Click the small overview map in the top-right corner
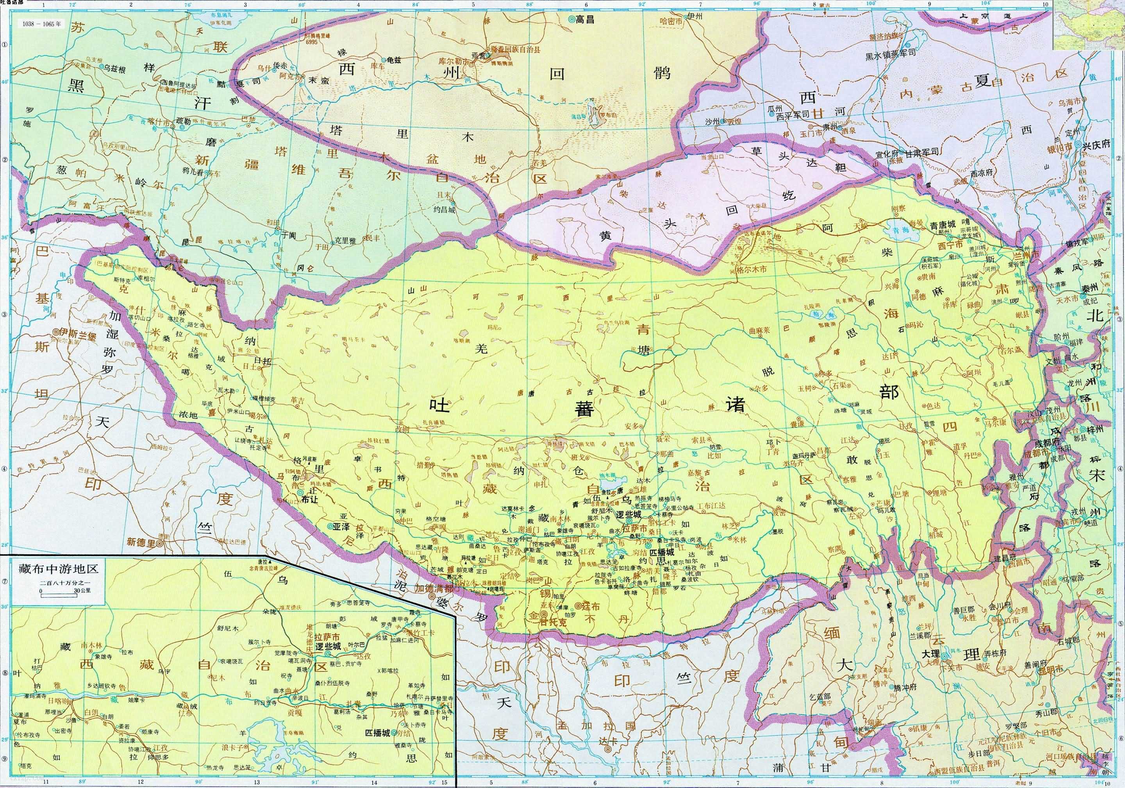pos(1089,25)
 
